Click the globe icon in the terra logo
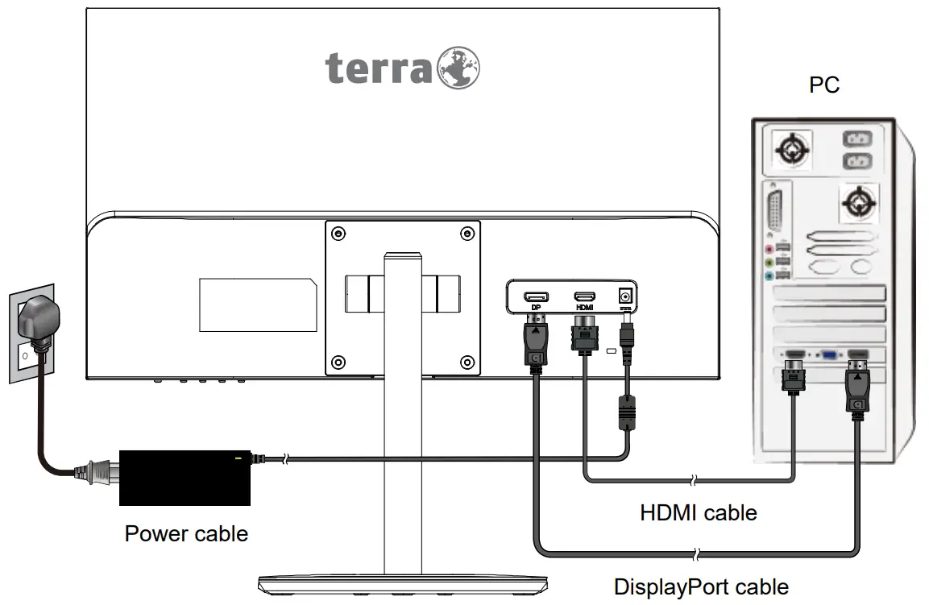click(x=458, y=67)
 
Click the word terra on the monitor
click(x=379, y=69)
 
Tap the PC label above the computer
click(x=824, y=85)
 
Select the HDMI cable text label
click(x=698, y=512)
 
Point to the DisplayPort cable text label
click(x=701, y=586)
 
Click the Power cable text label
click(x=186, y=533)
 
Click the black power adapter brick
click(x=185, y=478)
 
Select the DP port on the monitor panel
click(x=536, y=297)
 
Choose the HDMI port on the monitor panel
click(x=584, y=297)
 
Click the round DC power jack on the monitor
click(x=624, y=296)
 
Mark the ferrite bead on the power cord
click(x=627, y=412)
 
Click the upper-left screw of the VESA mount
click(x=338, y=234)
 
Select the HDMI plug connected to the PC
click(x=794, y=377)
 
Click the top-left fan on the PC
click(x=791, y=150)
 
